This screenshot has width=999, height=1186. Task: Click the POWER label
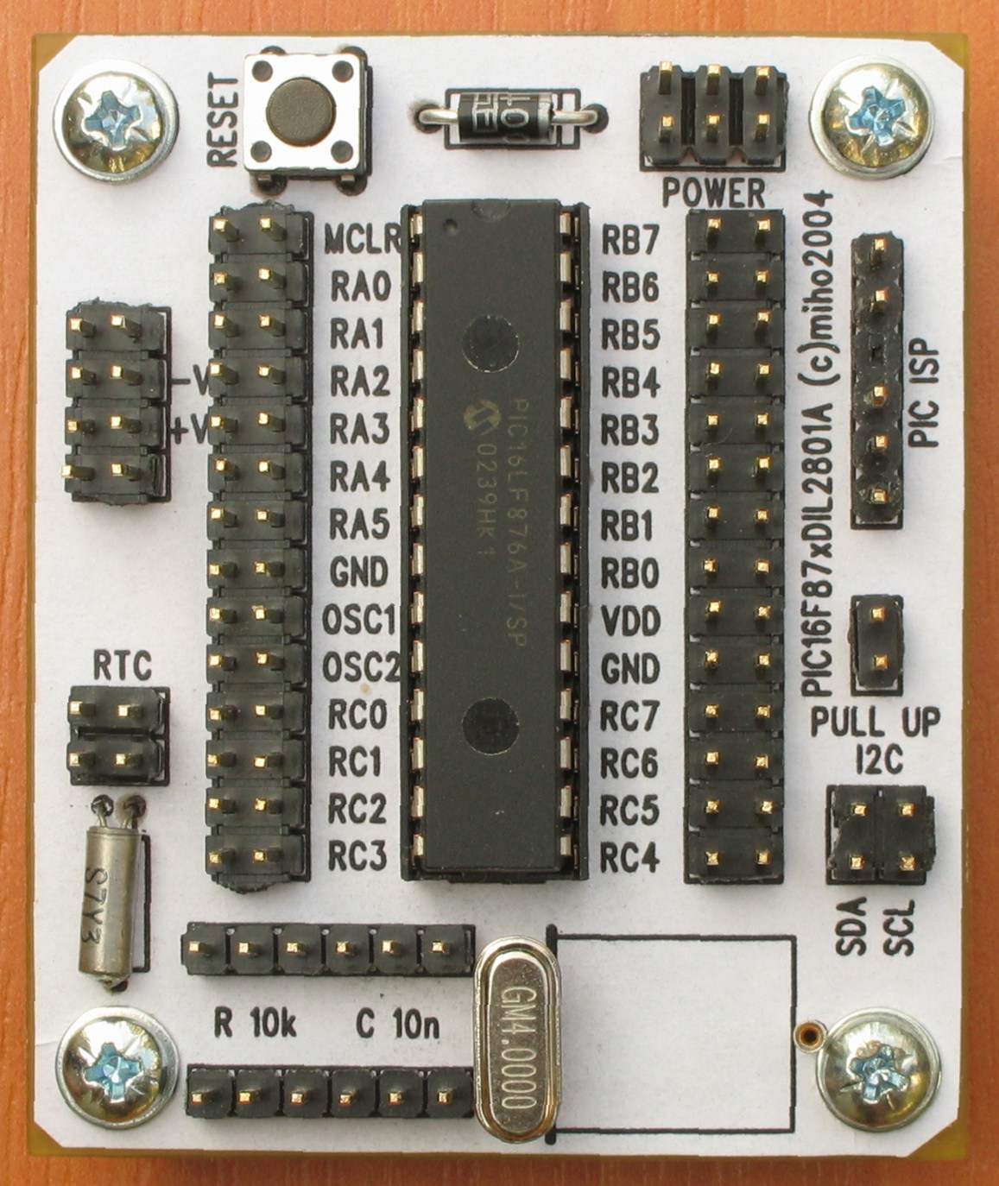pos(713,192)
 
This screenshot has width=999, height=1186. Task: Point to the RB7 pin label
pos(630,241)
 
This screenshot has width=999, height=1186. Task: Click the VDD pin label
pos(630,621)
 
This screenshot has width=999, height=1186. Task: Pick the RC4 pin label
pos(630,857)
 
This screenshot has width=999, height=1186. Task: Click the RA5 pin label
pos(360,524)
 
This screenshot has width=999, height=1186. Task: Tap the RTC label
pos(122,666)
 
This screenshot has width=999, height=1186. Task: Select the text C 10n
pos(397,1025)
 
